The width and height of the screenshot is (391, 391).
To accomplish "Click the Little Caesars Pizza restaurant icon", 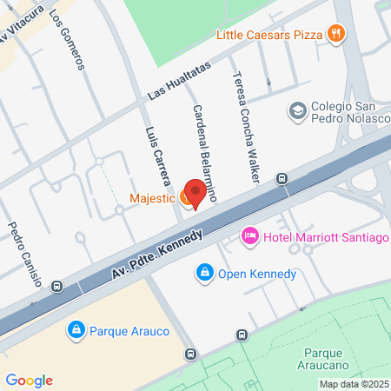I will [x=336, y=35].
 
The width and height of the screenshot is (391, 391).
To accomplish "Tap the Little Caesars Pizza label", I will [x=269, y=35].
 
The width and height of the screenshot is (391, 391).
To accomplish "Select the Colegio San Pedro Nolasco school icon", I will [x=298, y=110].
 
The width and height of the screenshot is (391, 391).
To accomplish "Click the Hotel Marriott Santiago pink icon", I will [x=249, y=235].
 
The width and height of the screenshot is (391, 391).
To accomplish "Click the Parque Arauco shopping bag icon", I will [x=76, y=330].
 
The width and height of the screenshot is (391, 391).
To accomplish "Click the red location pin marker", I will [x=197, y=193].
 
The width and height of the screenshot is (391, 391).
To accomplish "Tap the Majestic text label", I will [x=152, y=199].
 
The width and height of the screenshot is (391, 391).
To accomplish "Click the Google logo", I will [x=29, y=380].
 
